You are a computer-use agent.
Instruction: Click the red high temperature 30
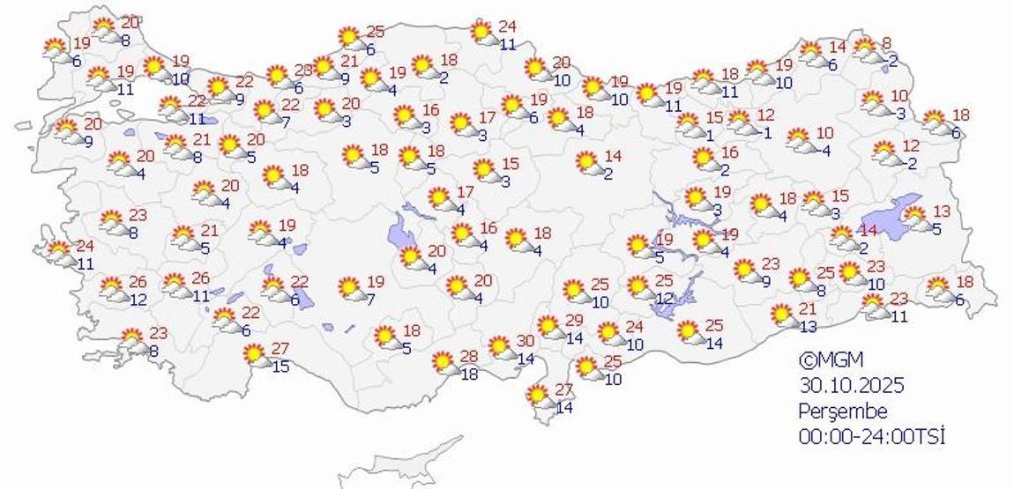coord(525,341)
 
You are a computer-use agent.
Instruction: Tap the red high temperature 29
coord(574,320)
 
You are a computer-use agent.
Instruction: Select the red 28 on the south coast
coord(468,355)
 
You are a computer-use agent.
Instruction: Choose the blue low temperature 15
coord(280,365)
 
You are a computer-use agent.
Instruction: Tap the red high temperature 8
coord(886,42)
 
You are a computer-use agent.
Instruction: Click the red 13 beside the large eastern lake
coord(941,210)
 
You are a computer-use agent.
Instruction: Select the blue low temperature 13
coord(808,327)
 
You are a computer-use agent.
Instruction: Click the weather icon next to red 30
coord(501,347)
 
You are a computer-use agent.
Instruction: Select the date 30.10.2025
coord(852,385)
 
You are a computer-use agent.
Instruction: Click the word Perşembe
coord(842,411)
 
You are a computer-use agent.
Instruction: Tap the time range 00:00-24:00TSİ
coord(871,435)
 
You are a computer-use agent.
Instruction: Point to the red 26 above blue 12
coord(138,282)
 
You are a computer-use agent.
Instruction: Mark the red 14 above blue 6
coord(836,46)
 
